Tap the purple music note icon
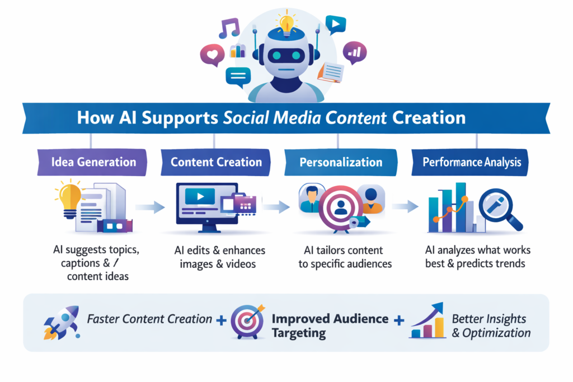coord(229,28)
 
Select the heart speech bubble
coord(212,55)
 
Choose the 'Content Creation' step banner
coord(216,163)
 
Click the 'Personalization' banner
coord(341,163)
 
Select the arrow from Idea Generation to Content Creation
coord(149,207)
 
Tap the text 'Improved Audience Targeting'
coord(330,326)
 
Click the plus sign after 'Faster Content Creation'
coord(222,320)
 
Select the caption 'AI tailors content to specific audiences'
coord(345,257)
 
